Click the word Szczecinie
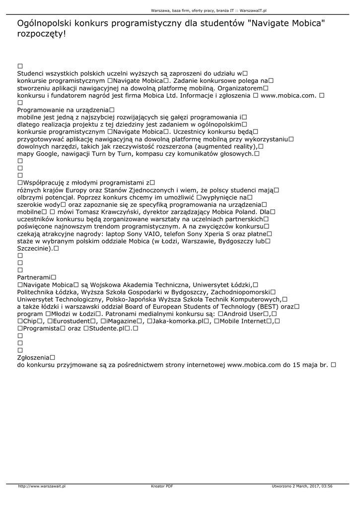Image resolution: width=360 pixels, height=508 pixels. pyautogui.click(x=34, y=248)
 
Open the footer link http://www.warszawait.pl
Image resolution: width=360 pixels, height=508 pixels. pyautogui.click(x=42, y=486)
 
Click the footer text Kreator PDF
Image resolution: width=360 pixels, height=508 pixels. pyautogui.click(x=162, y=486)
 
